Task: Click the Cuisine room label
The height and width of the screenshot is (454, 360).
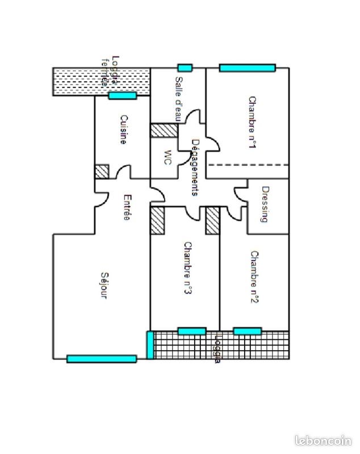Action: [x=123, y=130]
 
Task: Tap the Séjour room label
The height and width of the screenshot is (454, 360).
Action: [x=103, y=285]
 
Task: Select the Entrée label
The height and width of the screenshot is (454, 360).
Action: [x=127, y=208]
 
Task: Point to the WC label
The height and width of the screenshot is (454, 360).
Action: [x=167, y=157]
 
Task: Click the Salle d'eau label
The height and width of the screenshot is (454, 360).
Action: [x=178, y=99]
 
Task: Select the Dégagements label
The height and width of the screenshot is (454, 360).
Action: [x=194, y=167]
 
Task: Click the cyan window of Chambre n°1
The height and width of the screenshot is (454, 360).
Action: [x=248, y=68]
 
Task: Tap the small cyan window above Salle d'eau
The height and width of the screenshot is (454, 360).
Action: [x=185, y=68]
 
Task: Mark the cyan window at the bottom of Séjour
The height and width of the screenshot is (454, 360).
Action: [x=102, y=359]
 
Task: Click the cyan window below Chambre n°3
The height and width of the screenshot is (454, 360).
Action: [x=192, y=331]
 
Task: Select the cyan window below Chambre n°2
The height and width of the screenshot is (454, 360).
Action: [x=248, y=331]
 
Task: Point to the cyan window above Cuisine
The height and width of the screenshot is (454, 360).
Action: [x=122, y=95]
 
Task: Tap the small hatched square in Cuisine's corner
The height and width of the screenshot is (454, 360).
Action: [x=102, y=171]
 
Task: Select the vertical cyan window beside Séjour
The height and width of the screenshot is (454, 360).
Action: [x=150, y=345]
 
